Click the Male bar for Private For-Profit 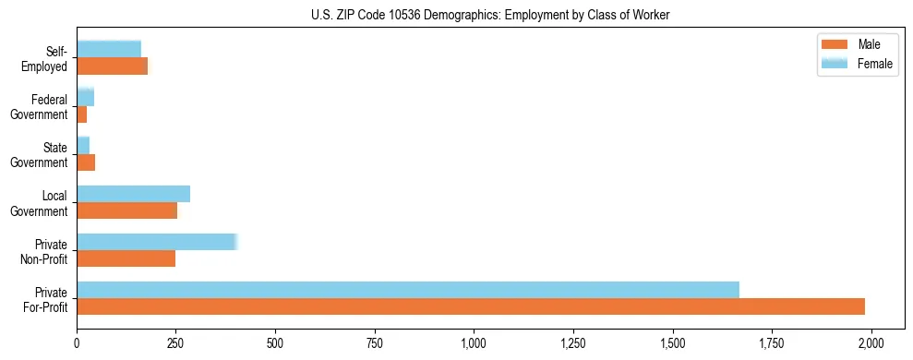(471, 306)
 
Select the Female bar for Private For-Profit (408, 290)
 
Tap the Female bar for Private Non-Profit (157, 242)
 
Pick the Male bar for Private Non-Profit (126, 258)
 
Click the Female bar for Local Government (134, 194)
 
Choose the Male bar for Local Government (127, 210)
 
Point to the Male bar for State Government (86, 162)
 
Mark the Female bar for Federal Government (86, 98)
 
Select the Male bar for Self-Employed (113, 66)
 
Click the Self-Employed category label (48, 58)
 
